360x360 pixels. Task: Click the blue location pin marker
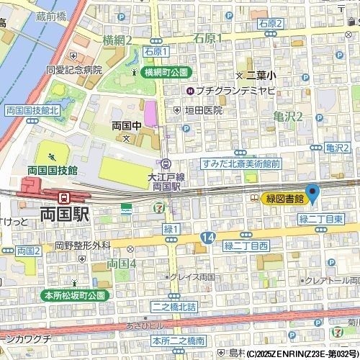click(x=312, y=193)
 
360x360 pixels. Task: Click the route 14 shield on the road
click(x=207, y=236)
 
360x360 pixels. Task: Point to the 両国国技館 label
click(x=53, y=170)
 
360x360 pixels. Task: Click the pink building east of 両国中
click(x=150, y=113)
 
